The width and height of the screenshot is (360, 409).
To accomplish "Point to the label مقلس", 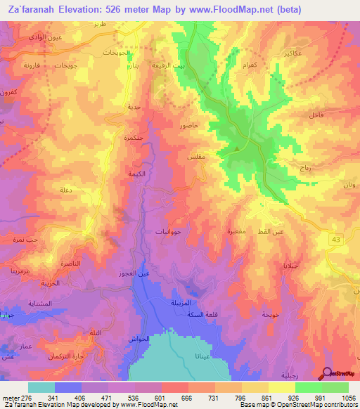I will [x=196, y=158].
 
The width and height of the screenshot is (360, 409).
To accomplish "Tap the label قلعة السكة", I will [x=198, y=313].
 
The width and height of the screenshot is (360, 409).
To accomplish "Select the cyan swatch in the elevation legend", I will [x=41, y=387].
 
